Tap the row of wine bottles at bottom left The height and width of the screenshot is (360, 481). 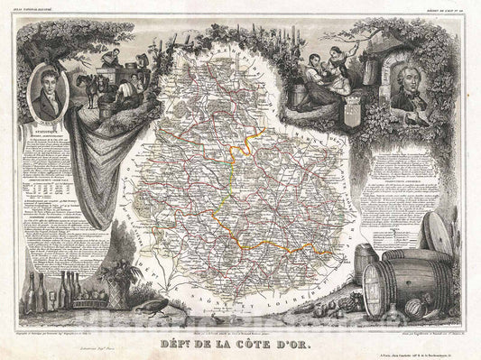[48, 292]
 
